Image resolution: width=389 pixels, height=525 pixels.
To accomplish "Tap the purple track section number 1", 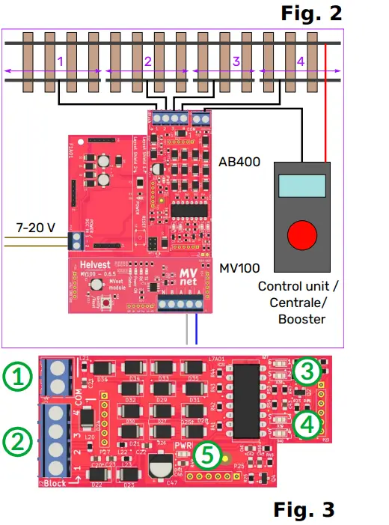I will (x=60, y=62).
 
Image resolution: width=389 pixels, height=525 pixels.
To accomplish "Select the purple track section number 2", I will (x=148, y=62).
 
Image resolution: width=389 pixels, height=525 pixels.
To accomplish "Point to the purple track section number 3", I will (x=236, y=62).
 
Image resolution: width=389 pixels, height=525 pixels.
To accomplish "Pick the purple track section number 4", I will (x=301, y=62).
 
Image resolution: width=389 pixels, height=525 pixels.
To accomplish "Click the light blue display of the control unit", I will (x=300, y=185).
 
